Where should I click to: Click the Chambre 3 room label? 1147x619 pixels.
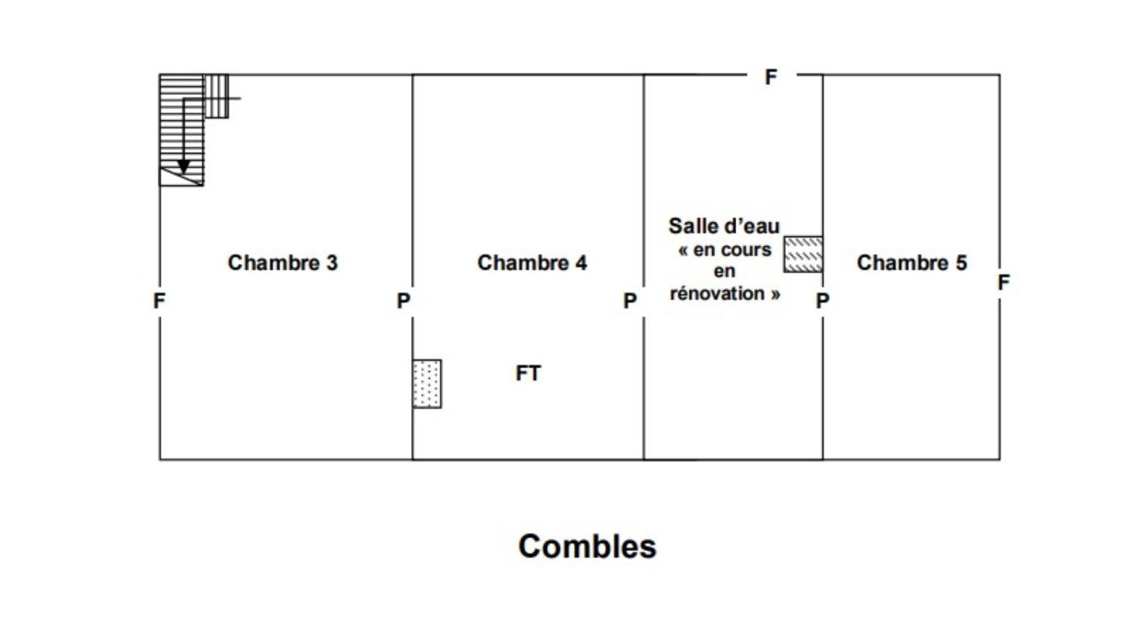[282, 263]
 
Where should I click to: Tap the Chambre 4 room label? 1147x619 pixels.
[532, 263]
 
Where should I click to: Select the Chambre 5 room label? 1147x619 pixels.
[911, 263]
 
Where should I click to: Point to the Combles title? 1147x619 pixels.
[587, 546]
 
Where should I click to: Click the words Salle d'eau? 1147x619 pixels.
[724, 227]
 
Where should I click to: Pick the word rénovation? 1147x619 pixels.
[724, 294]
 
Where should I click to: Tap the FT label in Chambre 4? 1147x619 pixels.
[528, 374]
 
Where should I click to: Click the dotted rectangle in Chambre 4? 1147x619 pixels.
[426, 384]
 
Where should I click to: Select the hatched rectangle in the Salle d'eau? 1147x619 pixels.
[803, 255]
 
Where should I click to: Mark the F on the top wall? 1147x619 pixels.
[771, 77]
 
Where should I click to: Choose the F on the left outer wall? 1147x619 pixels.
[159, 301]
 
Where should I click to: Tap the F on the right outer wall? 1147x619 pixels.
[1003, 283]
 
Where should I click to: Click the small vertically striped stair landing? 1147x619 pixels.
[216, 96]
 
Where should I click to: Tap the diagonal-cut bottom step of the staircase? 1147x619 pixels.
[181, 176]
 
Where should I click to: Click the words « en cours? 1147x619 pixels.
[724, 250]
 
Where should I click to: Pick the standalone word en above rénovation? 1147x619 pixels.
[724, 272]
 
